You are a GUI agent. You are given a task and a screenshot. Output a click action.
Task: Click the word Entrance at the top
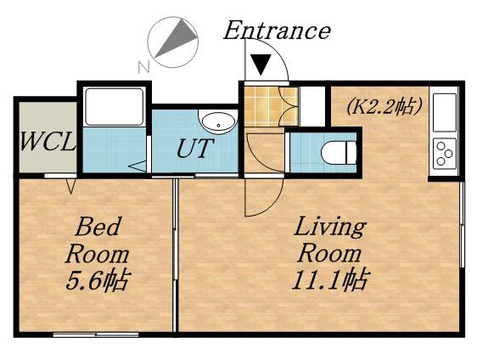277,31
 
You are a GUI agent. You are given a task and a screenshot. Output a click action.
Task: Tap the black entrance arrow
261,65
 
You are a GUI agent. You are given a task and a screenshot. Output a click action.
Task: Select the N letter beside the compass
143,66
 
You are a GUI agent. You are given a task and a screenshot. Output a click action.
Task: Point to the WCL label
48,142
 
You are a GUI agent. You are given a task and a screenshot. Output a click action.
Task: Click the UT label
195,149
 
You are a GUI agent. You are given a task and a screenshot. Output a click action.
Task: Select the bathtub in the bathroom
115,107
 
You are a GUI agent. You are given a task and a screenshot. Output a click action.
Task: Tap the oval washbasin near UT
217,122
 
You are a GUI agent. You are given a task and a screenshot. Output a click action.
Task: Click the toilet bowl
338,153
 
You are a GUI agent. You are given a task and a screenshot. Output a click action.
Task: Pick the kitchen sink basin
445,113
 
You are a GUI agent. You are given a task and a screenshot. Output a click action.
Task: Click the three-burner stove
444,153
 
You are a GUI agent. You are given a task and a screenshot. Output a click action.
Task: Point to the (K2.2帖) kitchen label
384,106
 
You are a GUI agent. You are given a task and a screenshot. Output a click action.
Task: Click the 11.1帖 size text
330,279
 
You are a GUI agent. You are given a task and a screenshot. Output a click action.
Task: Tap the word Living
330,228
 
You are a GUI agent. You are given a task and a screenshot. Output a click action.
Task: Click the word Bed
98,227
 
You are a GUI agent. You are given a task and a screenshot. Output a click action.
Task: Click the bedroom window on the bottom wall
96,335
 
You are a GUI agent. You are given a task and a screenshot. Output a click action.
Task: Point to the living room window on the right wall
462,224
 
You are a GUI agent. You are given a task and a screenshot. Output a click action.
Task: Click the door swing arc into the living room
272,205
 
